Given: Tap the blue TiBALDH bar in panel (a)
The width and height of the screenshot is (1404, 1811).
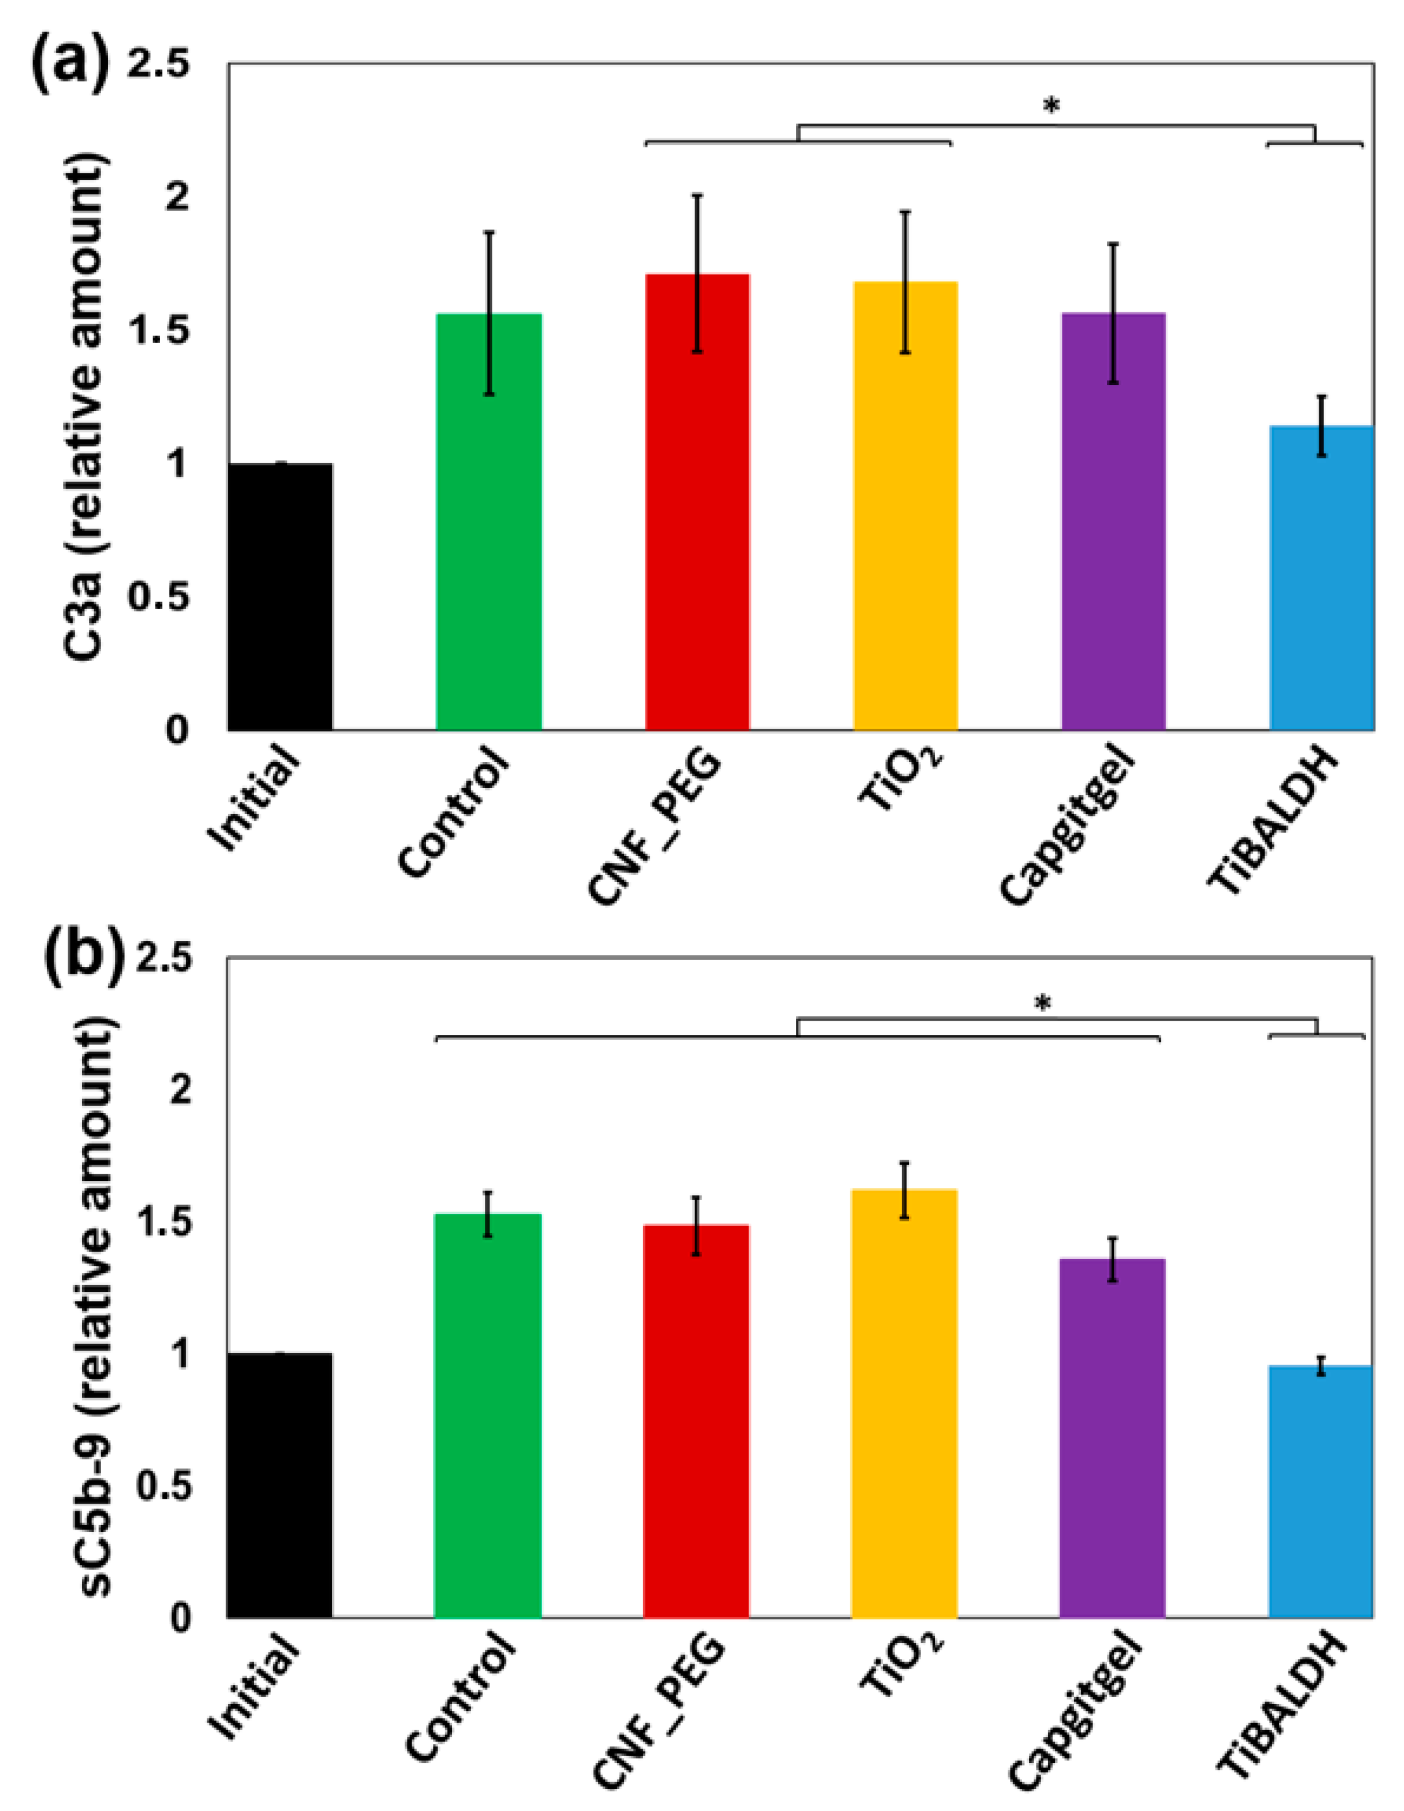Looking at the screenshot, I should click(x=1321, y=580).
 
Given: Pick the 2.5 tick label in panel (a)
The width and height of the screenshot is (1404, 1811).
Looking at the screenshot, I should click(x=157, y=66).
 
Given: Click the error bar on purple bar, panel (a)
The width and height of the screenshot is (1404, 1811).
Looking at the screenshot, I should click(x=1113, y=314).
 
